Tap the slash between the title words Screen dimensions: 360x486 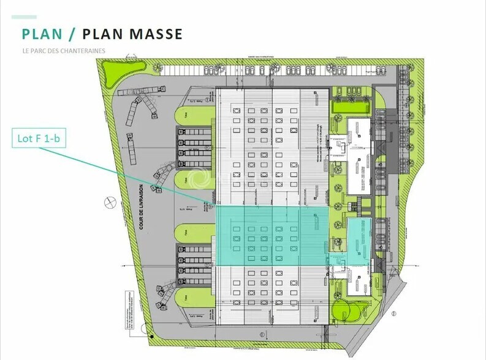point(72,34)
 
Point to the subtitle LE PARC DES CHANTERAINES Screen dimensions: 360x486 point(63,51)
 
